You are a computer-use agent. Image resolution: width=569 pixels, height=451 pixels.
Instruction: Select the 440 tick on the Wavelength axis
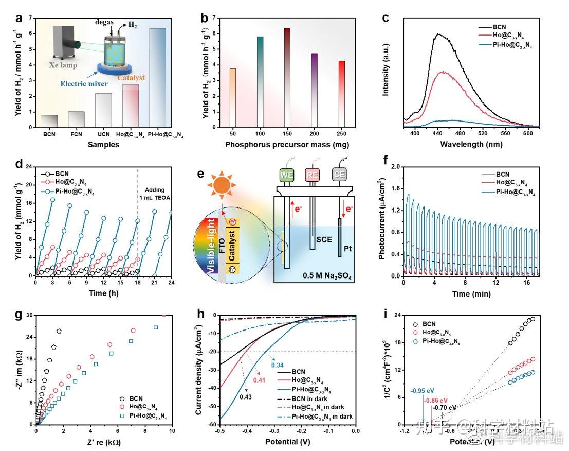(437, 132)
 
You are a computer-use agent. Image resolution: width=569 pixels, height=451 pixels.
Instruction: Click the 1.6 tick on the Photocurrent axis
(394, 189)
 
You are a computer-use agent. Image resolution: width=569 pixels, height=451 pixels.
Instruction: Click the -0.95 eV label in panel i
(421, 391)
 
